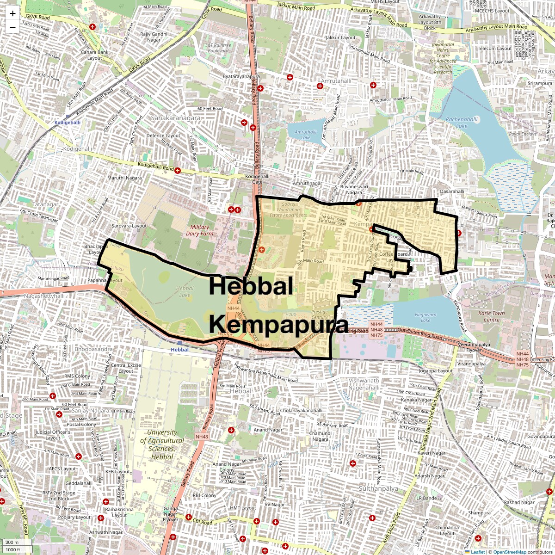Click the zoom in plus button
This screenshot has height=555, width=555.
pyautogui.click(x=12, y=13)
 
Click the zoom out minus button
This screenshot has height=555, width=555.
pyautogui.click(x=12, y=27)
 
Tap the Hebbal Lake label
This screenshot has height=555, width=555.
pyautogui.click(x=185, y=291)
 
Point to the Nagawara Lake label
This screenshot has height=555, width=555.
pyautogui.click(x=425, y=317)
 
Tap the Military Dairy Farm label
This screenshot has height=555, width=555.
pyautogui.click(x=199, y=230)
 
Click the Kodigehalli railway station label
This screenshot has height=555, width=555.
pyautogui.click(x=68, y=122)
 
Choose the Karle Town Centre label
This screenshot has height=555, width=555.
pyautogui.click(x=491, y=316)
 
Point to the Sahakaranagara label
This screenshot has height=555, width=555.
pyautogui.click(x=176, y=118)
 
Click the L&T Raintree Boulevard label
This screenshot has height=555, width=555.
pyautogui.click(x=218, y=48)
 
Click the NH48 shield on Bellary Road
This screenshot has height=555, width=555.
pyautogui.click(x=202, y=437)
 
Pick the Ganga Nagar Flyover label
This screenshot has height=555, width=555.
pyautogui.click(x=170, y=514)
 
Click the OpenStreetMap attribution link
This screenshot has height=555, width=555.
pyautogui.click(x=509, y=552)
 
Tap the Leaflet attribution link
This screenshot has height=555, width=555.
pyautogui.click(x=477, y=552)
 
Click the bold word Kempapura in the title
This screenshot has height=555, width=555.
pyautogui.click(x=278, y=325)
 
